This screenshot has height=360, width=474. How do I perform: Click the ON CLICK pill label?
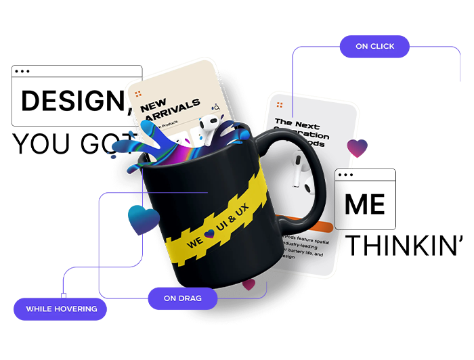tap(374, 47)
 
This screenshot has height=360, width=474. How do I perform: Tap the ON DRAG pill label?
tap(182, 298)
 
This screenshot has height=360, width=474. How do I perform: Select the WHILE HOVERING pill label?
tap(62, 309)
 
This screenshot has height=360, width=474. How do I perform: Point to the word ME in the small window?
tap(364, 204)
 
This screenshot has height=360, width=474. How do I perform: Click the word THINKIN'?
tap(405, 246)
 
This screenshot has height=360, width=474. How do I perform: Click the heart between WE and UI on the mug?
tap(209, 234)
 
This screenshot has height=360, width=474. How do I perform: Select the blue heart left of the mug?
tap(143, 220)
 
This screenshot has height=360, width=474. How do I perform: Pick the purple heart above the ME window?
tap(357, 148)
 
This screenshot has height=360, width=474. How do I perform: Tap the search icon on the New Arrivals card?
tap(215, 107)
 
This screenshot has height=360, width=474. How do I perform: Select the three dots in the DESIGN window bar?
tap(22, 71)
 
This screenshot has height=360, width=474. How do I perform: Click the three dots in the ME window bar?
tap(345, 175)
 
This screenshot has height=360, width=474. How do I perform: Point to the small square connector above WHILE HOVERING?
tap(63, 295)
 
